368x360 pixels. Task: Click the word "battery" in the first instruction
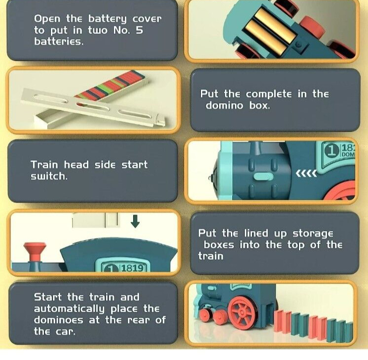tap(107, 19)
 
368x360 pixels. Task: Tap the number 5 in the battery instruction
tap(139, 30)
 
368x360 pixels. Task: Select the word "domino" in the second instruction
tap(224, 105)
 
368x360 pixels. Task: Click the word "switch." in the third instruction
tap(49, 176)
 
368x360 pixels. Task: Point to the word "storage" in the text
tap(313, 234)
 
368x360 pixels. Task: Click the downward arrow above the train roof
tap(135, 221)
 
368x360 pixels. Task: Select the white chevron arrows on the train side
tap(306, 174)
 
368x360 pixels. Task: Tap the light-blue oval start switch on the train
tap(263, 177)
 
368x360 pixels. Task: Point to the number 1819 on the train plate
tap(132, 268)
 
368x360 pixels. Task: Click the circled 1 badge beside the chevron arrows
tap(332, 151)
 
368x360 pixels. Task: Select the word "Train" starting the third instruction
tap(44, 165)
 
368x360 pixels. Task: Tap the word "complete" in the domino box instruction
tap(269, 94)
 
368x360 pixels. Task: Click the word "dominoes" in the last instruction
tap(58, 320)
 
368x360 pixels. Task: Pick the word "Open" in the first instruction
tap(47, 19)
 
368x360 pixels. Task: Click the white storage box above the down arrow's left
tap(96, 220)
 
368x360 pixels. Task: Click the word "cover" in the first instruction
tap(147, 19)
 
